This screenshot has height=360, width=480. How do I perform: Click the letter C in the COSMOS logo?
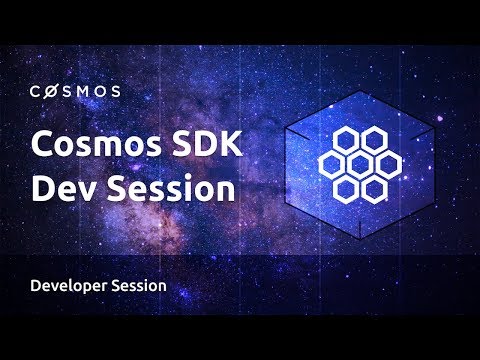click(35, 91)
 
